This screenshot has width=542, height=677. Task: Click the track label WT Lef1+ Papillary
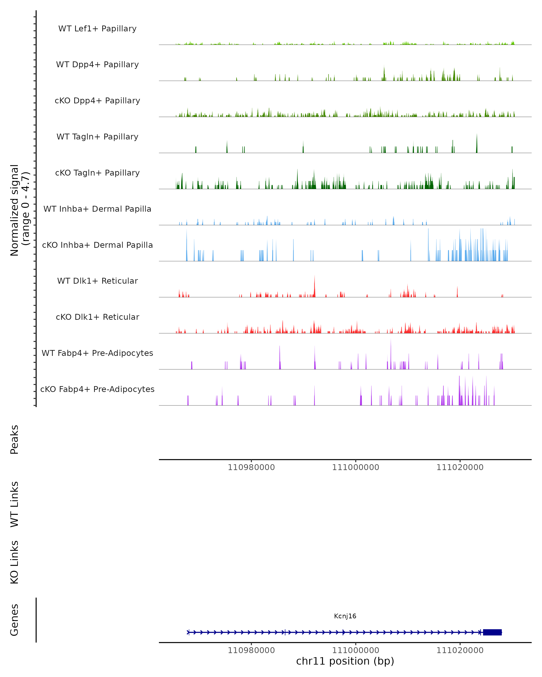(97, 29)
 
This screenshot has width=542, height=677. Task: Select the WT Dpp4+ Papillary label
(97, 65)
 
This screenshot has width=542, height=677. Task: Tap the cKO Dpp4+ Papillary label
(97, 101)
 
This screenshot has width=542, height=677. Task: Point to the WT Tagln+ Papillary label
(97, 137)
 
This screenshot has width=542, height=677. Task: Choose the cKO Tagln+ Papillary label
(97, 173)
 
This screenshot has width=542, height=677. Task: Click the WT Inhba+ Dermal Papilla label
(97, 209)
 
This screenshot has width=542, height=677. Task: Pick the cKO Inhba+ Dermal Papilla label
(97, 245)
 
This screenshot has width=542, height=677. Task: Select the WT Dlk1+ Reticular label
(97, 281)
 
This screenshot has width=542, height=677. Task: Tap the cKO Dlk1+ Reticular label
(97, 317)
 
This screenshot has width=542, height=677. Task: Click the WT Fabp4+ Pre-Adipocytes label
(97, 353)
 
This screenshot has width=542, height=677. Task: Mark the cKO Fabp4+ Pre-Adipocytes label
(97, 389)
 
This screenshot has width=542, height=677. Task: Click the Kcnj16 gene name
(345, 616)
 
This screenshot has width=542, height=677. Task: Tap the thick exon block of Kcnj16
(492, 632)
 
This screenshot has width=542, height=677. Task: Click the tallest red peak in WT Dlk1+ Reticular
(315, 284)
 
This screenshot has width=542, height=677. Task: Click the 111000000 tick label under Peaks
(356, 467)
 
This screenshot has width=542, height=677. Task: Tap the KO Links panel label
(14, 562)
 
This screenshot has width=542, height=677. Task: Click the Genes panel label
(14, 620)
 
